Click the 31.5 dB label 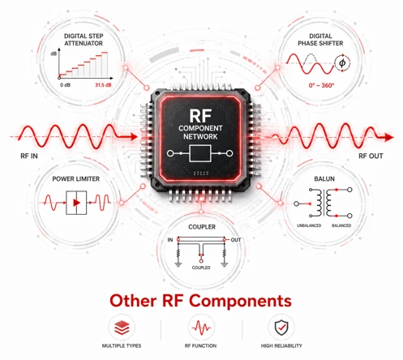(103, 85)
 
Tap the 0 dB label (65, 85)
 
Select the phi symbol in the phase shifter (342, 63)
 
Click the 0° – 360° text (321, 85)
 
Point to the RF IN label (29, 156)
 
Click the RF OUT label (371, 156)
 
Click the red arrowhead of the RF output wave (389, 137)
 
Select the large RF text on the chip (200, 116)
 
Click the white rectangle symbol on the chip (200, 153)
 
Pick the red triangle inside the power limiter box (76, 203)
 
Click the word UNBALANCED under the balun (309, 225)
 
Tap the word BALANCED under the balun (341, 225)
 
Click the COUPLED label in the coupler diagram (201, 268)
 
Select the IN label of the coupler (170, 240)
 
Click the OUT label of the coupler (236, 240)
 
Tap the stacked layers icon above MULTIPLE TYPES (122, 328)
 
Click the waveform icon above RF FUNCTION (201, 328)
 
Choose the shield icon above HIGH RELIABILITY (281, 328)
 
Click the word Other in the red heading (133, 301)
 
